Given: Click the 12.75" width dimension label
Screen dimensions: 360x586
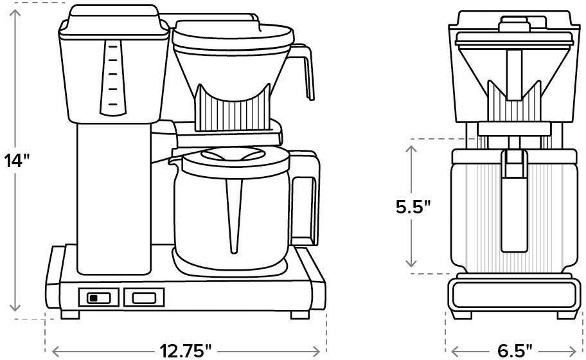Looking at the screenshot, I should point(186,350).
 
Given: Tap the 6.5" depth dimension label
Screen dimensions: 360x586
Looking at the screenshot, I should point(515,350).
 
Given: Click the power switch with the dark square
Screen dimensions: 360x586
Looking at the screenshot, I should point(98,297).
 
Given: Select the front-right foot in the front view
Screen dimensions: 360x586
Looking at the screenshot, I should point(299,315).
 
